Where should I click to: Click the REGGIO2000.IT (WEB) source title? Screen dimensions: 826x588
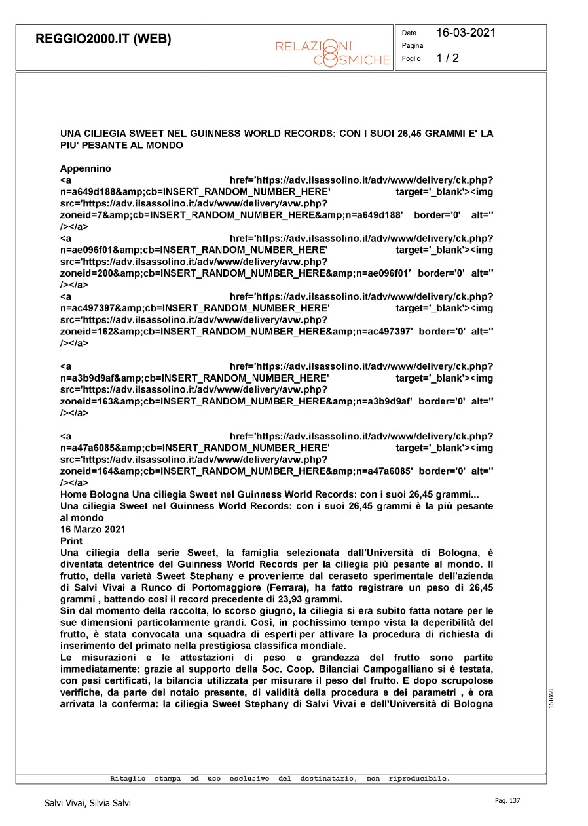tap(103, 39)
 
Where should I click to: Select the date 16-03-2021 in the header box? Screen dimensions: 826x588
tap(466, 33)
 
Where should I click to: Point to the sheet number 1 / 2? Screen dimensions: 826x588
tap(448, 58)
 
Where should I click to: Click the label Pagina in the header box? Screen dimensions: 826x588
tap(413, 46)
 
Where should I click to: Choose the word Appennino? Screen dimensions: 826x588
tap(86, 168)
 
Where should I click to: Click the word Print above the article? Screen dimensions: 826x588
tap(71, 541)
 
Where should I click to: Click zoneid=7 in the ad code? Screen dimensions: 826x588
tap(83, 216)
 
